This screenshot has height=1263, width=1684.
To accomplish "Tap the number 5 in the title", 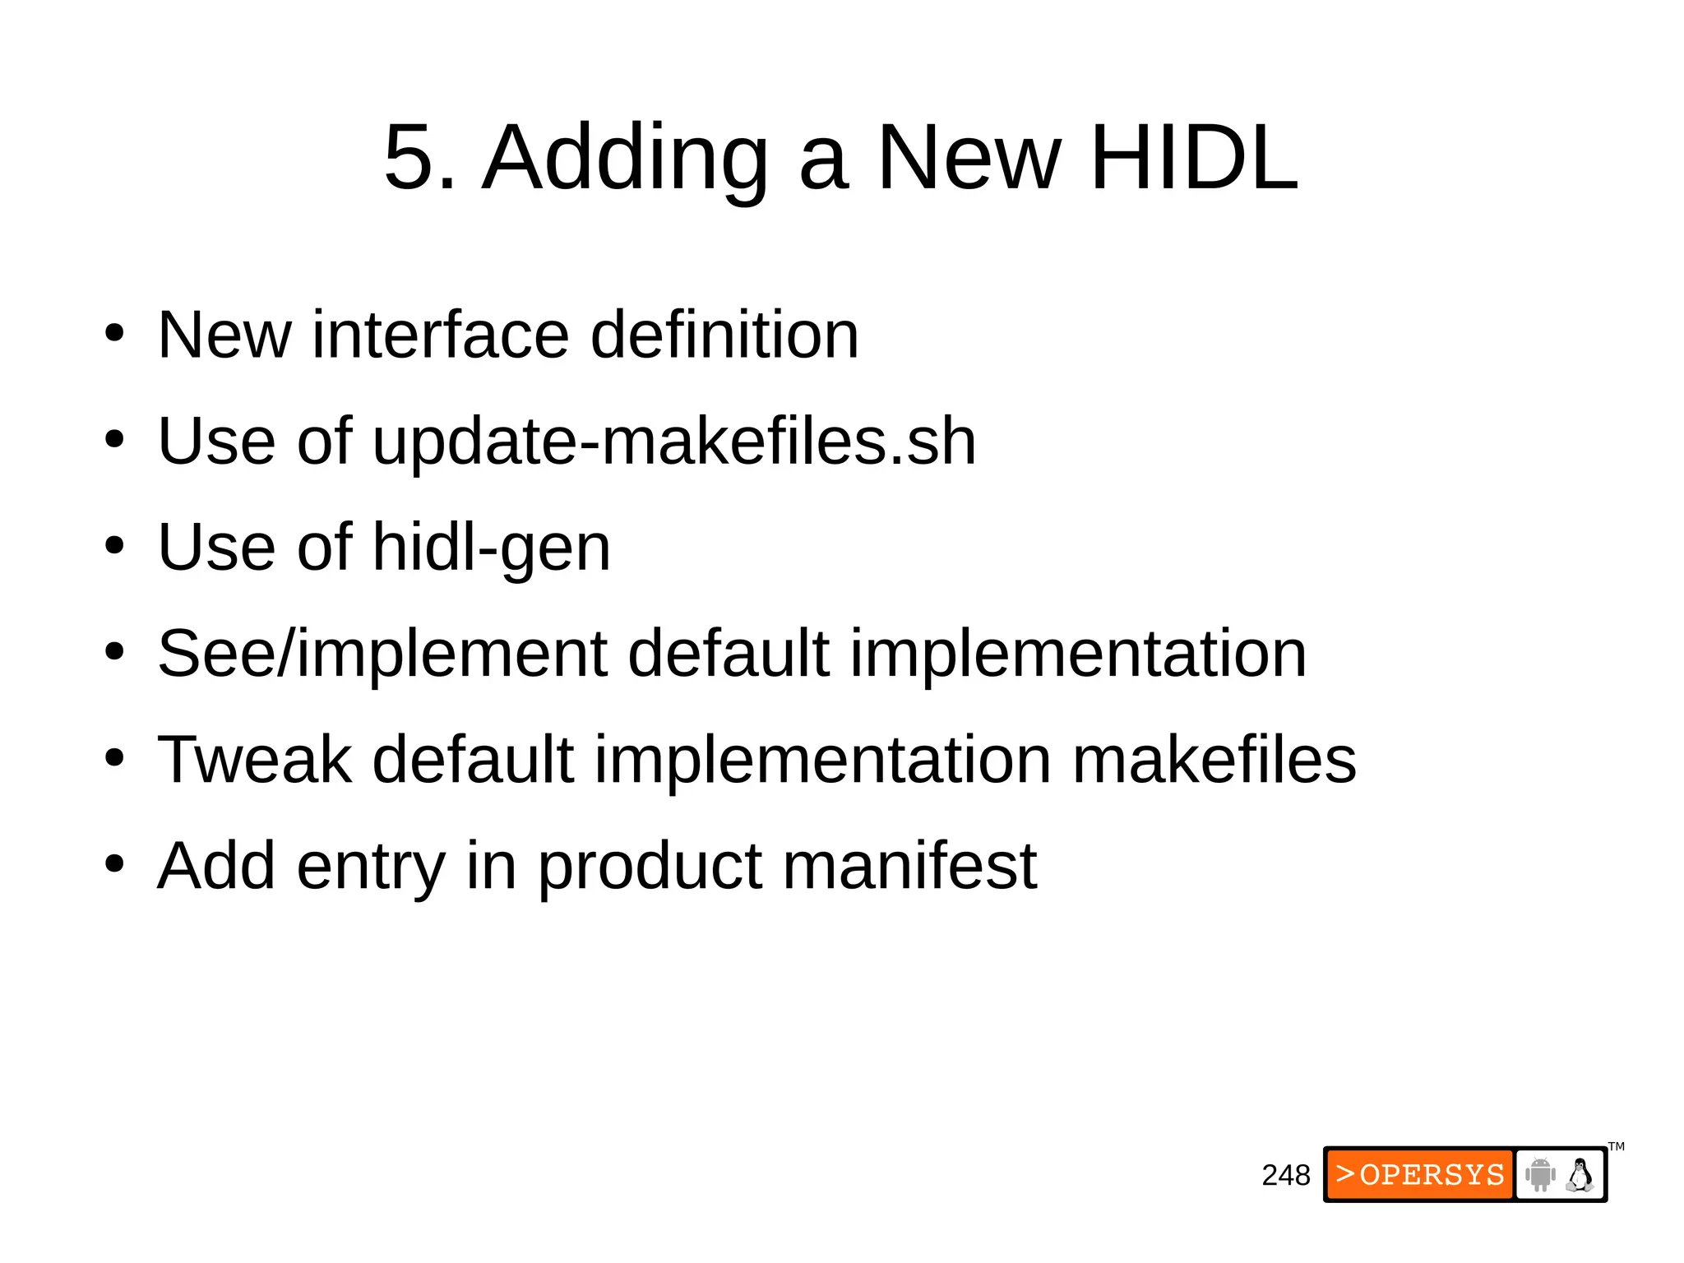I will click(409, 158).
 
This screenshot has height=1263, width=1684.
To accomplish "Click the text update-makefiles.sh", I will click(673, 442).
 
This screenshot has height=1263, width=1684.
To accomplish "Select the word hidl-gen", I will click(491, 548).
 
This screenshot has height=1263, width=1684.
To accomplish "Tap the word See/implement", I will click(382, 655).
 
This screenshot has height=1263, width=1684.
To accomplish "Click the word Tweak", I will click(254, 760).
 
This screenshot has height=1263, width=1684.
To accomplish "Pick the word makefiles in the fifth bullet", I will click(1214, 760).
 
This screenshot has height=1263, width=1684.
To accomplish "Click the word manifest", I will click(909, 866).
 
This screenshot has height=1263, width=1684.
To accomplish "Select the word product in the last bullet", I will click(650, 867).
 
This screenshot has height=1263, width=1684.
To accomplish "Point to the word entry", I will click(371, 867).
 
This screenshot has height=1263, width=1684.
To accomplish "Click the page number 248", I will click(1285, 1175).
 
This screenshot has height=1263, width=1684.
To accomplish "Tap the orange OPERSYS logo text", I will click(1420, 1174).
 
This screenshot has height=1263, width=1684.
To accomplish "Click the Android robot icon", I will click(1540, 1174).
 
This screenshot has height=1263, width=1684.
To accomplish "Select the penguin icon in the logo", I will click(1579, 1174).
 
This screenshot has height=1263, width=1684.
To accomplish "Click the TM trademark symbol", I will click(1616, 1146).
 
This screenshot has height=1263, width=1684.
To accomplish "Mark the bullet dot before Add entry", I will click(114, 865).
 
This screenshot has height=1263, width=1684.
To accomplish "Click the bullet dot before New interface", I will click(114, 335).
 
